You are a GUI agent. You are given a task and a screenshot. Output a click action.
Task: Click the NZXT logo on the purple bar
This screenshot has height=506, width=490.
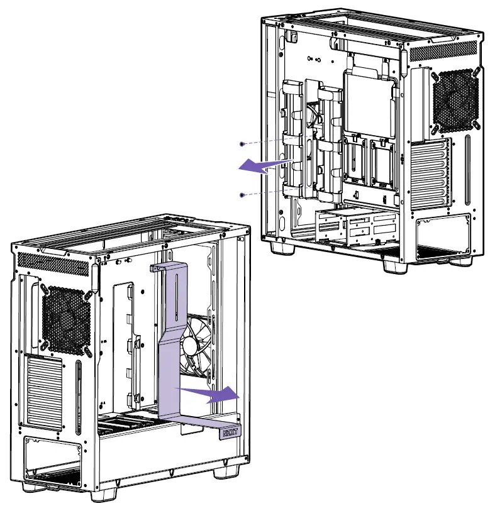pos(230,433)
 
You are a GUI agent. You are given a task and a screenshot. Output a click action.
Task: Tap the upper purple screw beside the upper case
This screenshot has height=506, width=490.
pos(243,144)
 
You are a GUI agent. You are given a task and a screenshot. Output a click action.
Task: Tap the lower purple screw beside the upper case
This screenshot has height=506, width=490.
pos(243,195)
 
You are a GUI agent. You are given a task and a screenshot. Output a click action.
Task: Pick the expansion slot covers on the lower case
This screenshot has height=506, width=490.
pos(45,393)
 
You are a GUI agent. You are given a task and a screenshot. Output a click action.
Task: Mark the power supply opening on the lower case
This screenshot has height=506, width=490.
pos(53,455)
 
